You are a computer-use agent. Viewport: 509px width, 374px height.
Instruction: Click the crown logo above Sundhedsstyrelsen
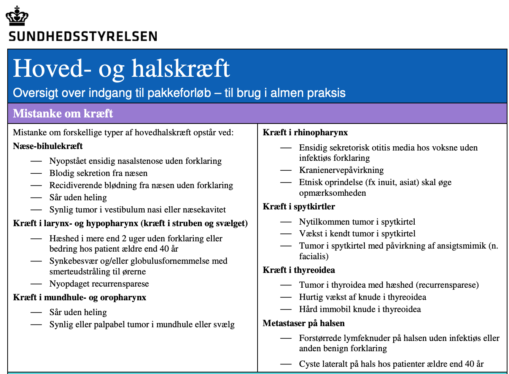click(x=17, y=16)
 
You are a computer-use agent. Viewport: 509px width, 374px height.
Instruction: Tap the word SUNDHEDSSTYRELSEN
click(x=83, y=36)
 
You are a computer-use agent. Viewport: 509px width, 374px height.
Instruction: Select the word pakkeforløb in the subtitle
click(x=179, y=93)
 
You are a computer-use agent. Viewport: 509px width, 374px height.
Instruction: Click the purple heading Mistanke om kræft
click(x=63, y=113)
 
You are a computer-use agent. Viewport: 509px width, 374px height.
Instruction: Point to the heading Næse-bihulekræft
click(x=48, y=146)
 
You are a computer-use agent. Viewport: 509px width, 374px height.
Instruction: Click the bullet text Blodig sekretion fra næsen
click(x=99, y=173)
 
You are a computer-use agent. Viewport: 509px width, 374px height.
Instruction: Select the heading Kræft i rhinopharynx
click(x=305, y=133)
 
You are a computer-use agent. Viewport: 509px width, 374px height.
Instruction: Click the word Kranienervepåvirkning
click(x=341, y=170)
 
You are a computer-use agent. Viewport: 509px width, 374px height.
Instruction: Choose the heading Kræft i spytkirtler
click(x=299, y=207)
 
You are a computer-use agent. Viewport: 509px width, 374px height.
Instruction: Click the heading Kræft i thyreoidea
click(x=299, y=270)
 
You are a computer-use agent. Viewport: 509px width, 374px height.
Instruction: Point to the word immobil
click(x=334, y=309)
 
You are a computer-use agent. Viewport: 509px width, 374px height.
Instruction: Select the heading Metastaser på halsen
click(x=304, y=323)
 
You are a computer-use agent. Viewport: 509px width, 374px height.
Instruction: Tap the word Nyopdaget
click(x=70, y=284)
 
